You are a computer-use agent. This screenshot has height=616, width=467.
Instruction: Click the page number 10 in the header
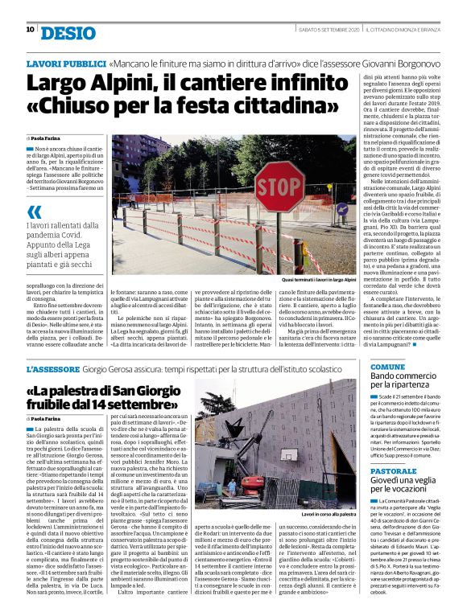[30, 30]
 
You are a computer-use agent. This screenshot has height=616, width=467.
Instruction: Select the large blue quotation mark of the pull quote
[34, 212]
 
